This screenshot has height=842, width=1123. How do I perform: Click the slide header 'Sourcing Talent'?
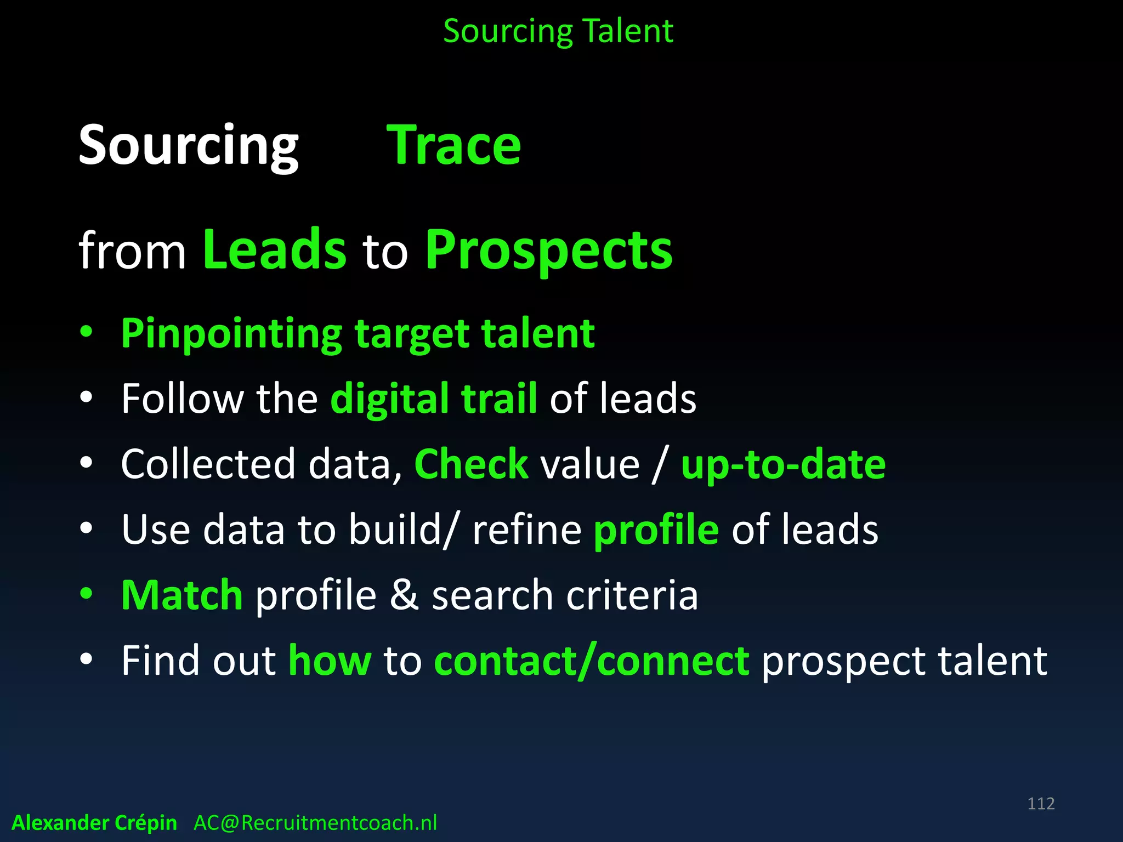(x=558, y=31)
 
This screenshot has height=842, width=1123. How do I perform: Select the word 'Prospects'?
(x=548, y=251)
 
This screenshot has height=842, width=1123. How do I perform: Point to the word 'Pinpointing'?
(x=231, y=334)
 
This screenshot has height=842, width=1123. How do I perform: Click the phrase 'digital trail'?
(x=433, y=399)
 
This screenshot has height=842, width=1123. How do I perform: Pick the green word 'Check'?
(x=471, y=464)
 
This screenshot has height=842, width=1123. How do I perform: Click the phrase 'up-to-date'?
(x=783, y=464)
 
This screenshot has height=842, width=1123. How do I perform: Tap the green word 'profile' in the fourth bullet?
(x=656, y=530)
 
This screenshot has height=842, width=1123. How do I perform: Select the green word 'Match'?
(x=182, y=595)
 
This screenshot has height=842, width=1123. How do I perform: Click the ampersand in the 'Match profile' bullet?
(x=404, y=595)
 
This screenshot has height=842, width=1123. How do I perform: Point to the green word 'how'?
(x=330, y=661)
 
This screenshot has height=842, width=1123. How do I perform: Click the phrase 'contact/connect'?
(x=592, y=661)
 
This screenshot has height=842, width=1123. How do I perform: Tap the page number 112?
(x=1041, y=804)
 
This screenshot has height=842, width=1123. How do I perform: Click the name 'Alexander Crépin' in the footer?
(x=94, y=823)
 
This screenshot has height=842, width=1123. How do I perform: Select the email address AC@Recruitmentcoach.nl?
(x=315, y=823)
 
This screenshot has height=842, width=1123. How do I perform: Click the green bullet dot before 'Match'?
(x=86, y=593)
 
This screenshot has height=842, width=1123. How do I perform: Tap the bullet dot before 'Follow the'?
(x=86, y=397)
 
